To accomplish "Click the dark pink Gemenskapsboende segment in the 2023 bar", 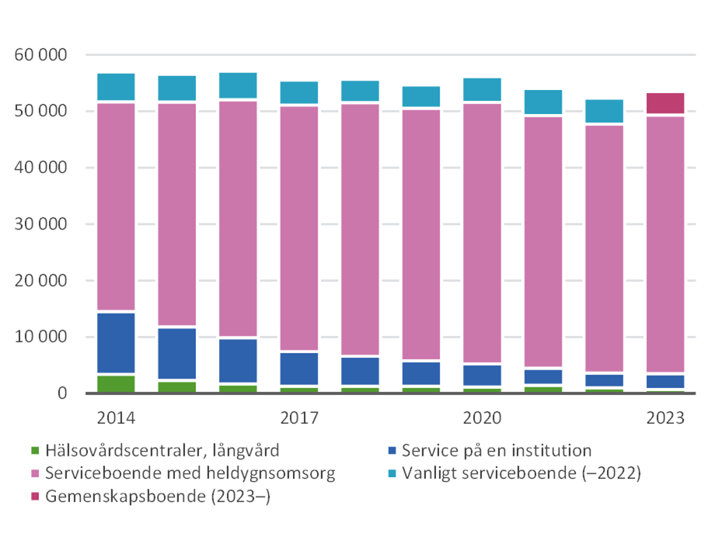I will tap(665, 103).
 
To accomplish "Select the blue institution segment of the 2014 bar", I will tap(116, 343).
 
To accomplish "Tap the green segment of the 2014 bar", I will tap(116, 384).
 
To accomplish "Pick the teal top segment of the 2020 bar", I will tap(482, 89).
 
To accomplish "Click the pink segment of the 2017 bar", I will tap(299, 228).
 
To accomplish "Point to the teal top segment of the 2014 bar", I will tap(116, 87).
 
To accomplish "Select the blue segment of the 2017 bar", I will tap(299, 369).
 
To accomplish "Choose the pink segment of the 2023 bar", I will tap(665, 244).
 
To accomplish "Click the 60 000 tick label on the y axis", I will tap(40, 55).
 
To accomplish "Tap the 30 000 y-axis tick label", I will tap(40, 224).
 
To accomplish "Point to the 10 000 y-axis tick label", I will tap(40, 338).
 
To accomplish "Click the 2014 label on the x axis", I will tap(116, 418).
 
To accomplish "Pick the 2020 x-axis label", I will tap(482, 418).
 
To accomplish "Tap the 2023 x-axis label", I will tap(665, 418).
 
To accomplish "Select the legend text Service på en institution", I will tap(497, 451).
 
